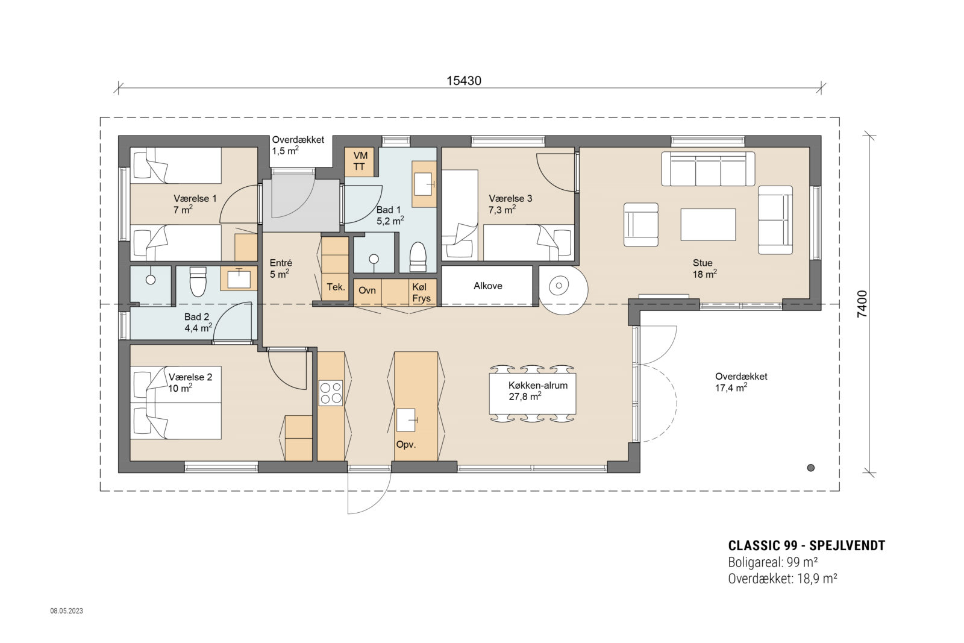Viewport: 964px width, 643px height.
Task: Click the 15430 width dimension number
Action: (463, 81)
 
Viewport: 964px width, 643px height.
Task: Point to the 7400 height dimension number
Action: (862, 304)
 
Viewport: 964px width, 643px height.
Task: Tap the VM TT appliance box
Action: (360, 162)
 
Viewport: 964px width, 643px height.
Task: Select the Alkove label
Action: (487, 286)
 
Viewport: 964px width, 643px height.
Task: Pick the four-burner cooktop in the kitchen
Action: (330, 392)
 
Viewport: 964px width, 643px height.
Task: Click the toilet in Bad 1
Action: (418, 257)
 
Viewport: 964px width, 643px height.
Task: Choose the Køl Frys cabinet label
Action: (422, 293)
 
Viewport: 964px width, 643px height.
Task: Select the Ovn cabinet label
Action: (367, 290)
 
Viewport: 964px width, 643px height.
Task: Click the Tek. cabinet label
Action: (336, 287)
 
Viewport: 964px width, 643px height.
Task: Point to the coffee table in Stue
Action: (708, 224)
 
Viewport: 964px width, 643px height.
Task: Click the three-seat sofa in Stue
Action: (708, 169)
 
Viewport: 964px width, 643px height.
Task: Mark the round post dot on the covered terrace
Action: (810, 468)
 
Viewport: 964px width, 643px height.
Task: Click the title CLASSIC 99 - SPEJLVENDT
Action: (806, 545)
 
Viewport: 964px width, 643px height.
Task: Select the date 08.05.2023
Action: (66, 611)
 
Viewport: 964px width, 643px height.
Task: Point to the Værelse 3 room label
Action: (510, 204)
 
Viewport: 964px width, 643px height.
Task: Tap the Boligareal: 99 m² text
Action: (772, 562)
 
